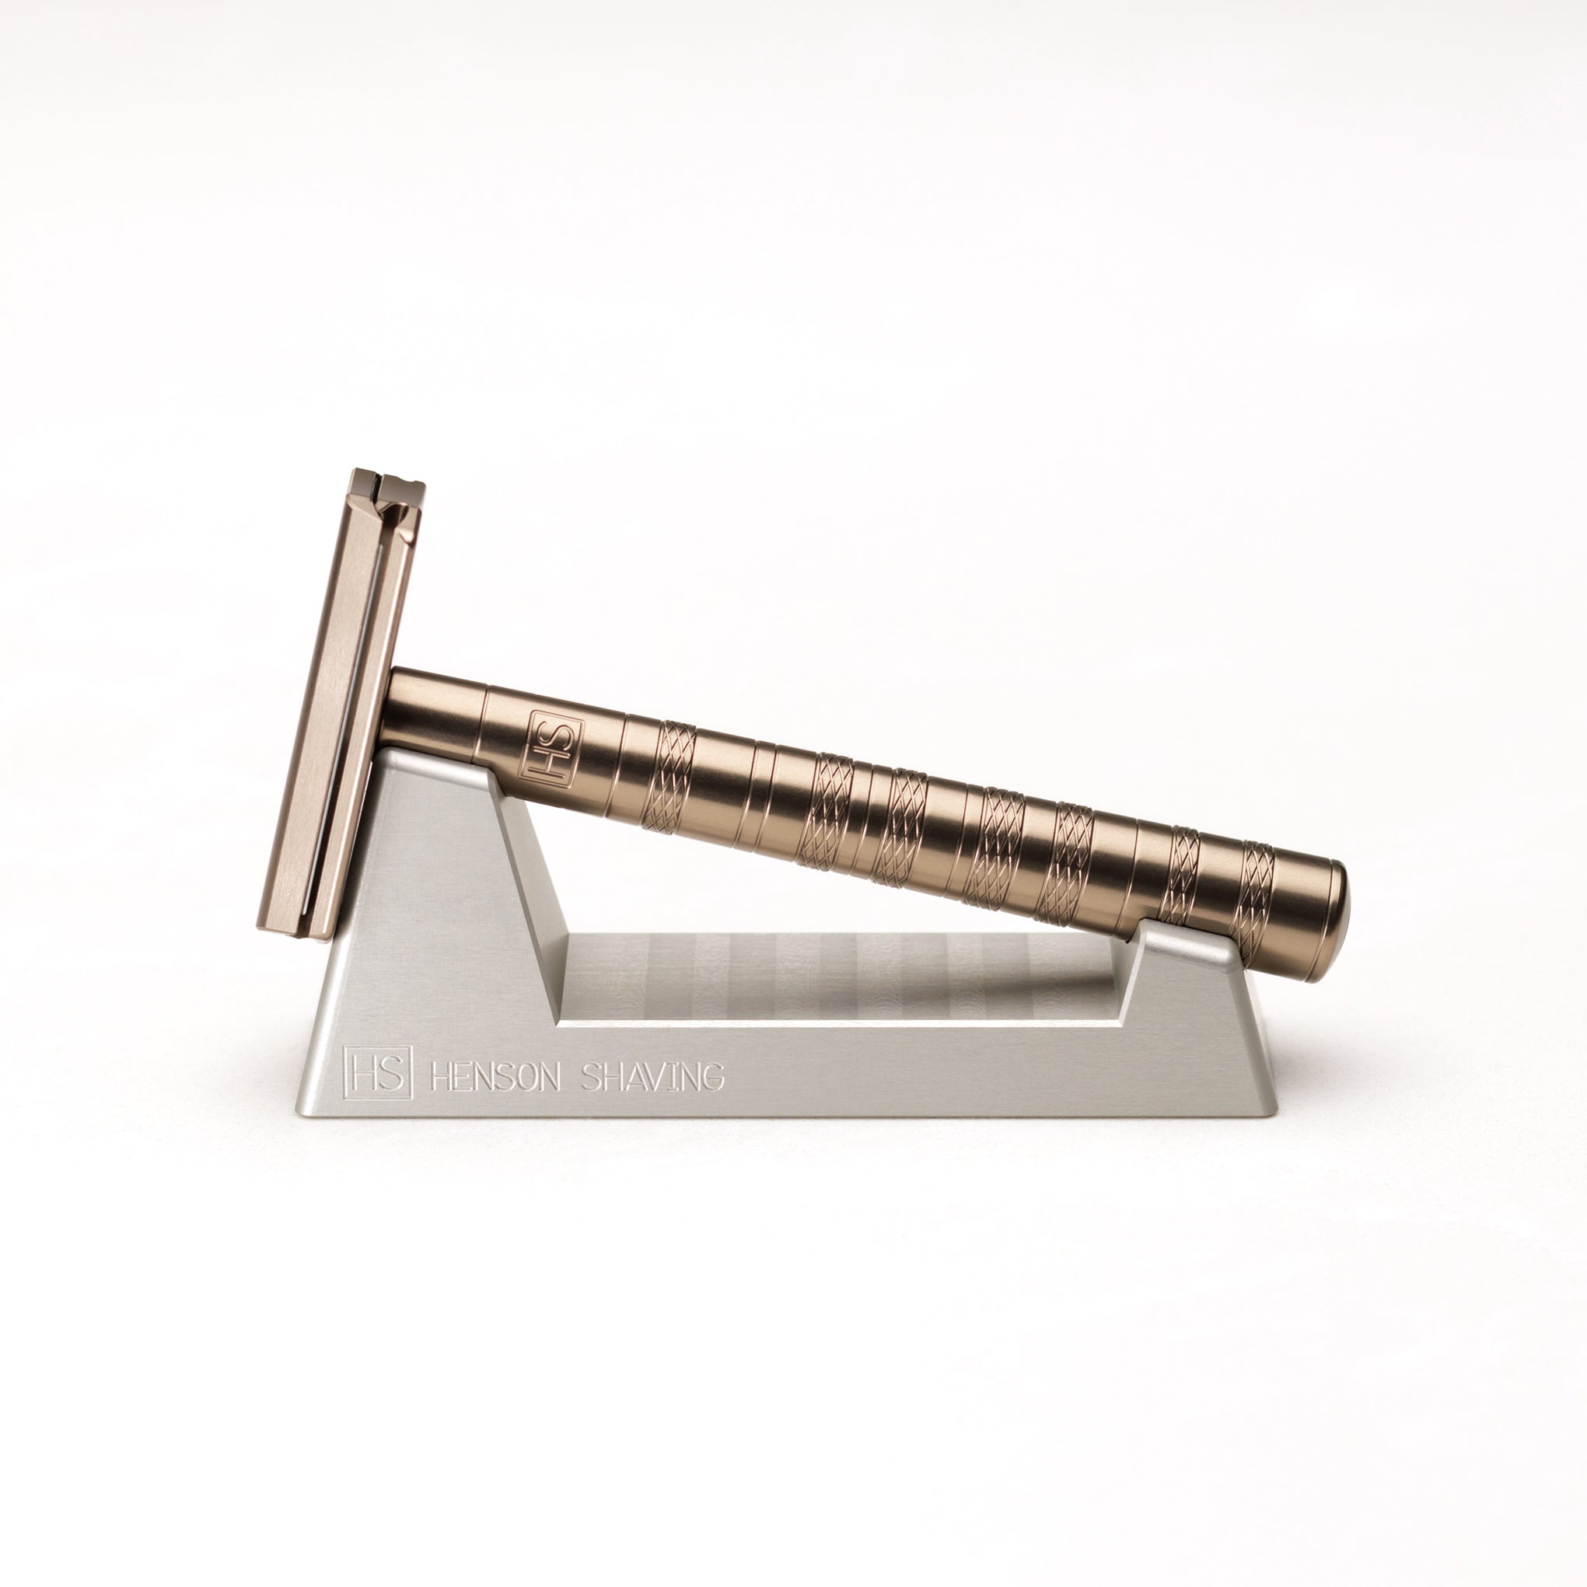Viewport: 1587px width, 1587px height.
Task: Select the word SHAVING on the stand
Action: (x=654, y=1076)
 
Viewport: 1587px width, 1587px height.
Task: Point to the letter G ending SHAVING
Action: (x=714, y=1076)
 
